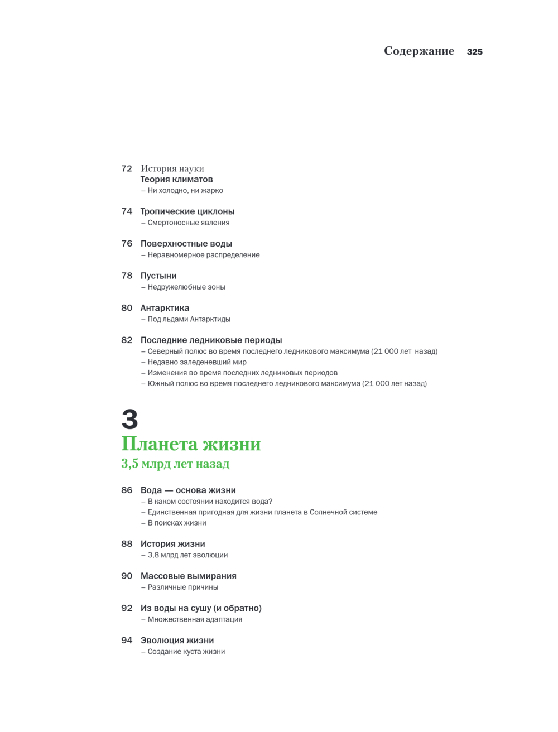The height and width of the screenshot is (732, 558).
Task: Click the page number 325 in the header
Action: click(474, 52)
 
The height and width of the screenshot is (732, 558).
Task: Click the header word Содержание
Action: click(419, 51)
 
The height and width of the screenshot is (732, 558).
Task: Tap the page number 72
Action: click(127, 168)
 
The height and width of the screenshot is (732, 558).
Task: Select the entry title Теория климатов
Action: click(176, 180)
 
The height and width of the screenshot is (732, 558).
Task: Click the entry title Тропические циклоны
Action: click(187, 211)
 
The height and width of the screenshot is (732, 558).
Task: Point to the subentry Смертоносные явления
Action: click(188, 223)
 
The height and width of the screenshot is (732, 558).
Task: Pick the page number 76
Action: click(127, 244)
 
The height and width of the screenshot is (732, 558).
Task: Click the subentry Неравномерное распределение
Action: click(203, 255)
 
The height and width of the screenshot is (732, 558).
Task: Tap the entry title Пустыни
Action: click(158, 276)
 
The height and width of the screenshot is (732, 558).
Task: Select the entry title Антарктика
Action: click(165, 308)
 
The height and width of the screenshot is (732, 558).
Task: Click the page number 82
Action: click(127, 340)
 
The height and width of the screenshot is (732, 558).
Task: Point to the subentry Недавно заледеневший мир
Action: click(196, 362)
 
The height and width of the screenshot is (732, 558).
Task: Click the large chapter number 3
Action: click(129, 419)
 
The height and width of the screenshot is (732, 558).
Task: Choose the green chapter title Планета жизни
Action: click(191, 444)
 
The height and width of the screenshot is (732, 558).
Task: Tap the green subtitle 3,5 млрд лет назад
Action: click(175, 464)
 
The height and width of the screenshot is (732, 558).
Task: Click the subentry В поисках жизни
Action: click(176, 523)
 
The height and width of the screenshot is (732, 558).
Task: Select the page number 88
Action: click(127, 544)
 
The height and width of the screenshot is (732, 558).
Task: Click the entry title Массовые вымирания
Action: click(188, 576)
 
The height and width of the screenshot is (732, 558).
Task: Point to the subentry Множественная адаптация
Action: click(194, 619)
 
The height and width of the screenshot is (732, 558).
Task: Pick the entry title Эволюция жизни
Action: click(177, 641)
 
